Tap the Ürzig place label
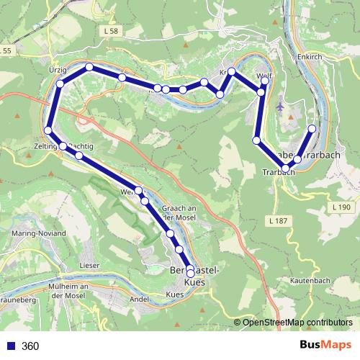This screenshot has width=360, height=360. coord(58,70)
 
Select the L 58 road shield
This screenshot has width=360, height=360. coord(110,33)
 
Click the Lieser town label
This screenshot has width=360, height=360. coord(90,266)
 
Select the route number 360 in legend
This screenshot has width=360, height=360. coord(30,346)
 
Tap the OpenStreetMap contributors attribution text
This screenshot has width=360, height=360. coord(297,323)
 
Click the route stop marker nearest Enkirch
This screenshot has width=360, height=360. coord(312,129)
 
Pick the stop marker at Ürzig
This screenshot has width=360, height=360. coord(60,84)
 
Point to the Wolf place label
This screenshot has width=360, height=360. coord(264,76)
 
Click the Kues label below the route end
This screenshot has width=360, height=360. coord(175,295)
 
